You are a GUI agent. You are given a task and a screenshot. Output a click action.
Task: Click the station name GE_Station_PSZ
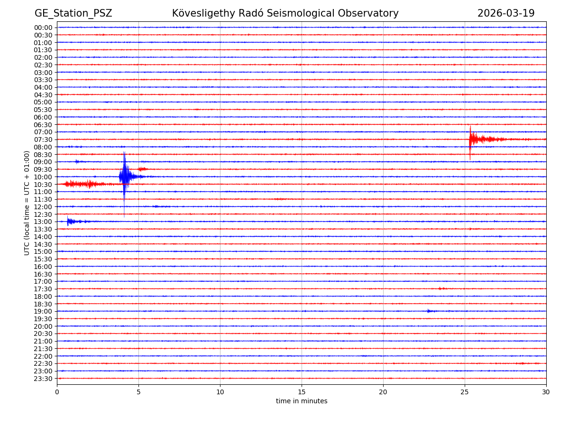click(x=73, y=13)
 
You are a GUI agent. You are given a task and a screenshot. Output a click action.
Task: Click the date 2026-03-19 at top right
click(x=505, y=13)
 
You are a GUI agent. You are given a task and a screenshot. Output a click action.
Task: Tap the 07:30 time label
click(x=43, y=139)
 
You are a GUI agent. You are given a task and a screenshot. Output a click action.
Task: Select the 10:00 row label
click(x=43, y=177)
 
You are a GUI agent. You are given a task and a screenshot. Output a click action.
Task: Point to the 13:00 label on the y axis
click(x=43, y=222)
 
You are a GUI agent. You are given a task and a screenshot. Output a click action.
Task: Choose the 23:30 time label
click(x=43, y=379)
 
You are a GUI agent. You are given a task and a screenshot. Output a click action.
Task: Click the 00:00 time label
click(x=43, y=28)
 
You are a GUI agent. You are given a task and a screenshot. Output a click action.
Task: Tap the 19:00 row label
click(x=43, y=311)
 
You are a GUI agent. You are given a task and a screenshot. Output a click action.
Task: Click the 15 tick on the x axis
click(x=302, y=392)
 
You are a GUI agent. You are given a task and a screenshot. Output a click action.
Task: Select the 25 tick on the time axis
click(x=465, y=392)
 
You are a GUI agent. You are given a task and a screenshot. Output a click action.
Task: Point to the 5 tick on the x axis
click(x=138, y=392)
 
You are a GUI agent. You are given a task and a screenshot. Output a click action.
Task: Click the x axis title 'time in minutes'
click(x=302, y=401)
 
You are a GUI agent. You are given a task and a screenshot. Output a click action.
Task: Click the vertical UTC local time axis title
click(x=27, y=203)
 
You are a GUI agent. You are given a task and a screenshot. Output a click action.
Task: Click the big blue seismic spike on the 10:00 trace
click(x=124, y=177)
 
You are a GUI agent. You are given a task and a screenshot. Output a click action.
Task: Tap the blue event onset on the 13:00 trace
click(x=69, y=221)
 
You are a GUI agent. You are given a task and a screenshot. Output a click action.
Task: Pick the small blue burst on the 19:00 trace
click(x=429, y=311)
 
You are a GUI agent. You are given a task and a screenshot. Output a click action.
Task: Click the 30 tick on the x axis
click(x=546, y=392)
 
